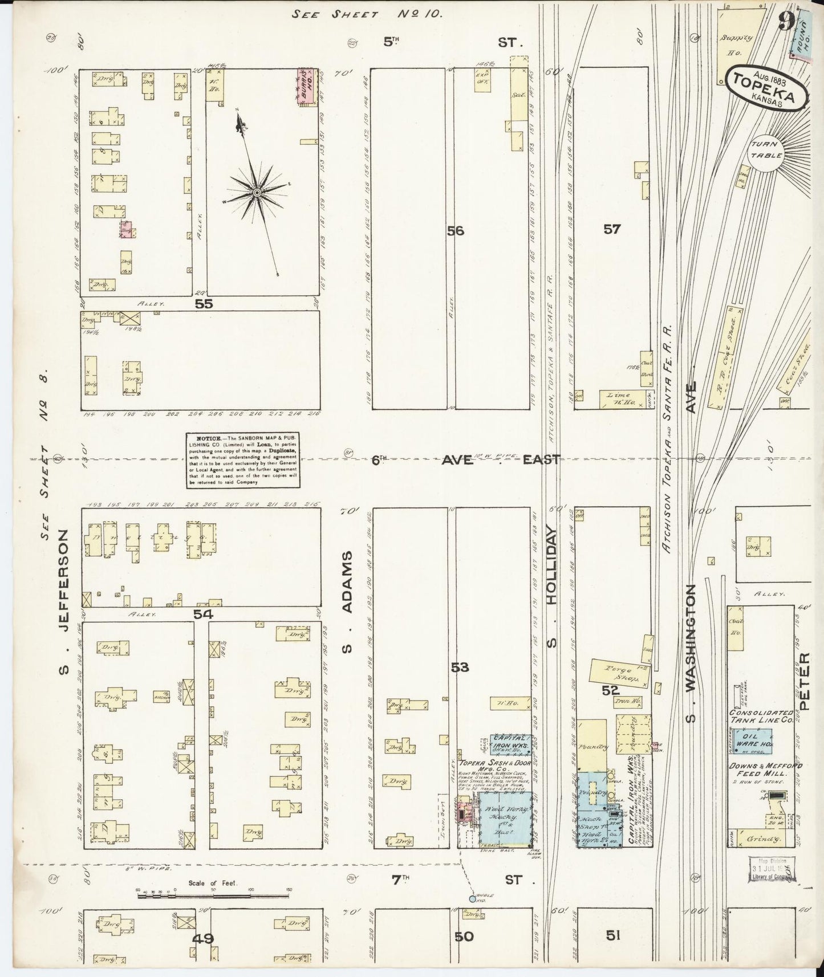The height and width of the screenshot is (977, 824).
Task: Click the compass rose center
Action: (x=257, y=193)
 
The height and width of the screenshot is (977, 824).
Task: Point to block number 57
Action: (x=612, y=229)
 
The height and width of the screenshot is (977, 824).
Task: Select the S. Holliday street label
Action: (x=551, y=587)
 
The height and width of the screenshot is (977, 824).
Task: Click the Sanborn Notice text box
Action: (x=242, y=460)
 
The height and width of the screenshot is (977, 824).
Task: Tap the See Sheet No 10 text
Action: (x=367, y=14)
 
